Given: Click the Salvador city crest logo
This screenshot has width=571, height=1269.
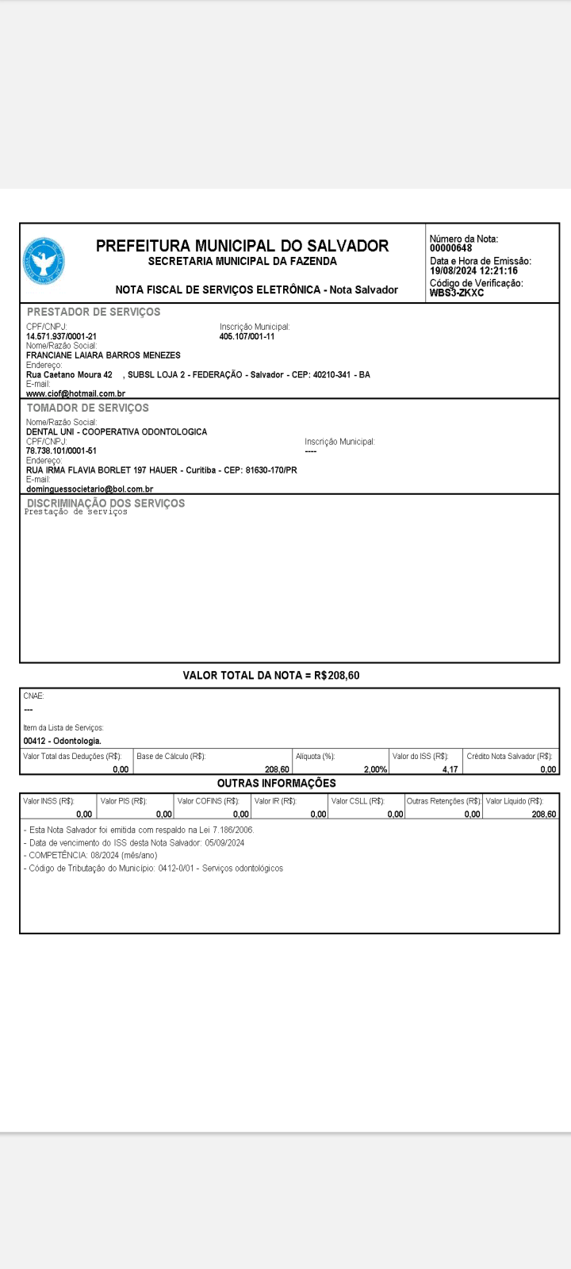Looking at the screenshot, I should click(x=44, y=262).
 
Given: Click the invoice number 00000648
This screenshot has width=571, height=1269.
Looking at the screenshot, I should click(x=450, y=248).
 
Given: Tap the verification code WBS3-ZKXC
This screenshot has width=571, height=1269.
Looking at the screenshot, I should click(x=457, y=293).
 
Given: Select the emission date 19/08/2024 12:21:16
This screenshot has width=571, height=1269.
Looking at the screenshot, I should click(x=473, y=270).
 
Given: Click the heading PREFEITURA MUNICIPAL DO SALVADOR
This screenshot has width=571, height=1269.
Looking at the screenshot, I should click(x=242, y=246).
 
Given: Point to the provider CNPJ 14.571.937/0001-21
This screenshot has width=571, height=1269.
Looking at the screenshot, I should click(x=61, y=336).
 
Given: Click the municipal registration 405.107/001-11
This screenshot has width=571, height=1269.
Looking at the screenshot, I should click(x=247, y=336).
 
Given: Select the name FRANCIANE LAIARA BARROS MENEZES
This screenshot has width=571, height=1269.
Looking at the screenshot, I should click(x=103, y=355).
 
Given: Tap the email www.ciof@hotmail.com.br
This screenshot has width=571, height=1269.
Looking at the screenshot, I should click(x=75, y=393).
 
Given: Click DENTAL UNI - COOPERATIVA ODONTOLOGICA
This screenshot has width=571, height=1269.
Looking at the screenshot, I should click(x=117, y=431).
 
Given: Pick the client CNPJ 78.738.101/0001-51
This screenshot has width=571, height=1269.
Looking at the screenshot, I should click(x=61, y=450).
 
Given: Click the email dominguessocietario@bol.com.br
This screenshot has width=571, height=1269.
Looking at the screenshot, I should click(x=90, y=489).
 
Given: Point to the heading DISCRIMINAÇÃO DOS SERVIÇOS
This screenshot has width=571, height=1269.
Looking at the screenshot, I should click(x=105, y=503).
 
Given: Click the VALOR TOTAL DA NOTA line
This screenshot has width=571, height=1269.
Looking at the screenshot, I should click(x=271, y=676).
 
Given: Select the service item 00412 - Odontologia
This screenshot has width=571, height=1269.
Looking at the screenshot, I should click(x=62, y=741).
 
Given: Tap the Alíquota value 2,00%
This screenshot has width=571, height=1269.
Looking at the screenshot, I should click(x=375, y=769).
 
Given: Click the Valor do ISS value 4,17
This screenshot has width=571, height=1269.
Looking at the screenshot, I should click(x=450, y=769).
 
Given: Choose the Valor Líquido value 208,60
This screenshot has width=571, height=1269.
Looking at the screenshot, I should click(x=543, y=814).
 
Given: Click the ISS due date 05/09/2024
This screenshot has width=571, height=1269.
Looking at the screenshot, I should click(x=224, y=842).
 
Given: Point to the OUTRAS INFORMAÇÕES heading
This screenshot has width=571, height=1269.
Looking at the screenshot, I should click(x=276, y=783).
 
